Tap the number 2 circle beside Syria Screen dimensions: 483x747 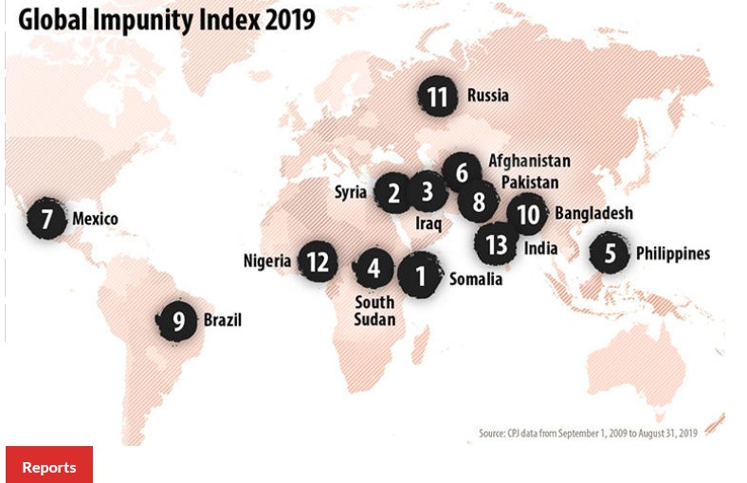[392, 193]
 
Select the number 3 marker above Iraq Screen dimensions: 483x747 [428, 192]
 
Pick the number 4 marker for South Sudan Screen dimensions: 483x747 [374, 269]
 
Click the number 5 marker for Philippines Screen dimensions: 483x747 [610, 254]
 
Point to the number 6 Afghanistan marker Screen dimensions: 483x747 [462, 173]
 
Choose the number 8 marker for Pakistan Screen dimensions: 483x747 [479, 202]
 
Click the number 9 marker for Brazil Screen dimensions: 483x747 [177, 322]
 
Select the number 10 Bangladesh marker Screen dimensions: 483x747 [527, 215]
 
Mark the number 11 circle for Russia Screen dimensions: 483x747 [437, 97]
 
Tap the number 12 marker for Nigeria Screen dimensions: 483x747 [318, 261]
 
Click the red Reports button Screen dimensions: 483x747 [49, 466]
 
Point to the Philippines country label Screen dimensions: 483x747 [672, 254]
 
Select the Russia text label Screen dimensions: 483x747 [487, 96]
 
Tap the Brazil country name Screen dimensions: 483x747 [223, 321]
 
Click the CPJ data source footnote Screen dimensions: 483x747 [588, 433]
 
